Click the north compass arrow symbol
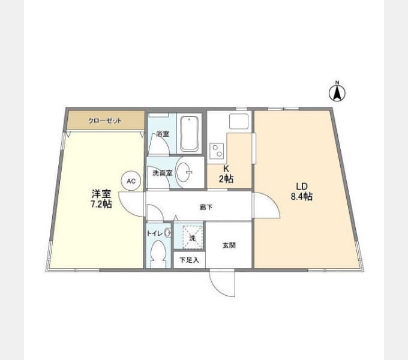pyautogui.click(x=337, y=92)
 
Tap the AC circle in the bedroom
pyautogui.click(x=131, y=181)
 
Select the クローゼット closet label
pyautogui.click(x=105, y=121)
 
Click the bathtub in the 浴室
pyautogui.click(x=190, y=134)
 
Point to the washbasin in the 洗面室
pyautogui.click(x=184, y=172)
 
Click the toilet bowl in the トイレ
pyautogui.click(x=158, y=251)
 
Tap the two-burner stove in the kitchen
pyautogui.click(x=217, y=151)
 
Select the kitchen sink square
pyautogui.click(x=239, y=121)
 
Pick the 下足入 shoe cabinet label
pyautogui.click(x=189, y=260)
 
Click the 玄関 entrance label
pyautogui.click(x=229, y=245)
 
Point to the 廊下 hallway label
pyautogui.click(x=206, y=207)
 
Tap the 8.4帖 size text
pyautogui.click(x=302, y=196)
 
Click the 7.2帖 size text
pyautogui.click(x=101, y=204)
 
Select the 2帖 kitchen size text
pyautogui.click(x=226, y=179)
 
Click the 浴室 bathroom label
pyautogui.click(x=163, y=134)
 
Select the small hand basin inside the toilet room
pyautogui.click(x=169, y=233)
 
